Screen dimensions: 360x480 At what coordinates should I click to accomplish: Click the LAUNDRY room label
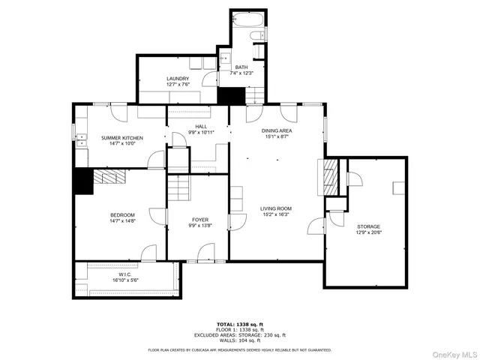pos(177,79)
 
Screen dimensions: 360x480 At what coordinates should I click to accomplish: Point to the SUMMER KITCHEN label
pos(121,138)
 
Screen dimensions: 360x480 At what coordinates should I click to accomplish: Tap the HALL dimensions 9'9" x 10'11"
pos(201,133)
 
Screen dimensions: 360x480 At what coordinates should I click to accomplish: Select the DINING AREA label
pos(277,130)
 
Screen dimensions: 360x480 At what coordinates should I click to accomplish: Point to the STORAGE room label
pos(368,226)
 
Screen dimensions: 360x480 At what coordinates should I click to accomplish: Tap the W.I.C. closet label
pos(124,274)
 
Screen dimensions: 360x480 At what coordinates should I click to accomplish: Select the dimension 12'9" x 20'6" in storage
pos(368,232)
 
